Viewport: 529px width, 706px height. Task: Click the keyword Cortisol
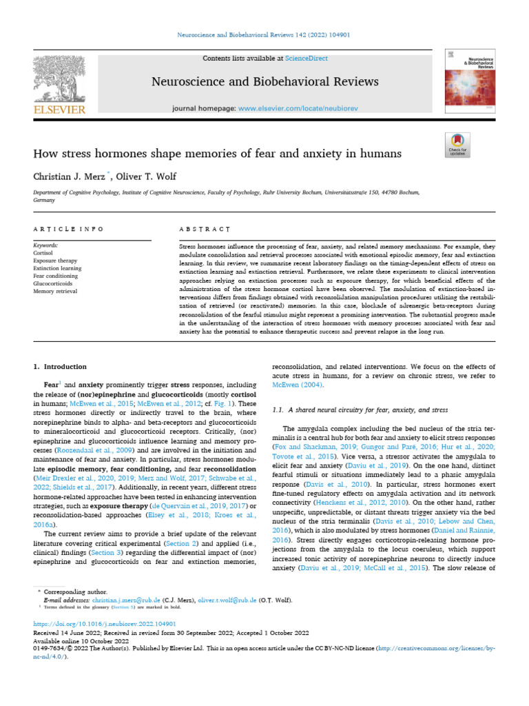pyautogui.click(x=43, y=253)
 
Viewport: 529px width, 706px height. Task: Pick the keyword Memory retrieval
pyautogui.click(x=54, y=292)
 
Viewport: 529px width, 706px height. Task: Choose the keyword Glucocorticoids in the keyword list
pyautogui.click(x=54, y=283)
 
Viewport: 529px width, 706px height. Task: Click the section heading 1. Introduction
pyautogui.click(x=61, y=367)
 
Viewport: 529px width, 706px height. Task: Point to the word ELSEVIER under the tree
pyautogui.click(x=61, y=109)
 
